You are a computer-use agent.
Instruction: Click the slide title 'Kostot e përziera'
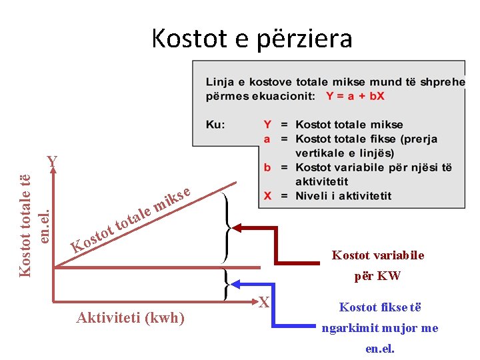point(251,39)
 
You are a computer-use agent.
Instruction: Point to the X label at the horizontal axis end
point(264,303)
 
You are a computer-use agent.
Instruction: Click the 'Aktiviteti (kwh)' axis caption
point(131,317)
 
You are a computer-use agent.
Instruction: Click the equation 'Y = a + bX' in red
point(355,96)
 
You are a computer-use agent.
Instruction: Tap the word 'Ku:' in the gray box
point(215,125)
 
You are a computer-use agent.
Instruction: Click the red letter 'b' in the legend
point(267,167)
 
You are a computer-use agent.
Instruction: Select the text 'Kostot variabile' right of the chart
point(378,255)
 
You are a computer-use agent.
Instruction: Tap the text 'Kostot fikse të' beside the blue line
point(380,307)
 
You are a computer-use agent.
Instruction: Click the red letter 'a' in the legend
point(267,139)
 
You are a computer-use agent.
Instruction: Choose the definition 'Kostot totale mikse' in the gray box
point(349,125)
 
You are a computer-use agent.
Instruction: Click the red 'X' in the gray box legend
point(267,196)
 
